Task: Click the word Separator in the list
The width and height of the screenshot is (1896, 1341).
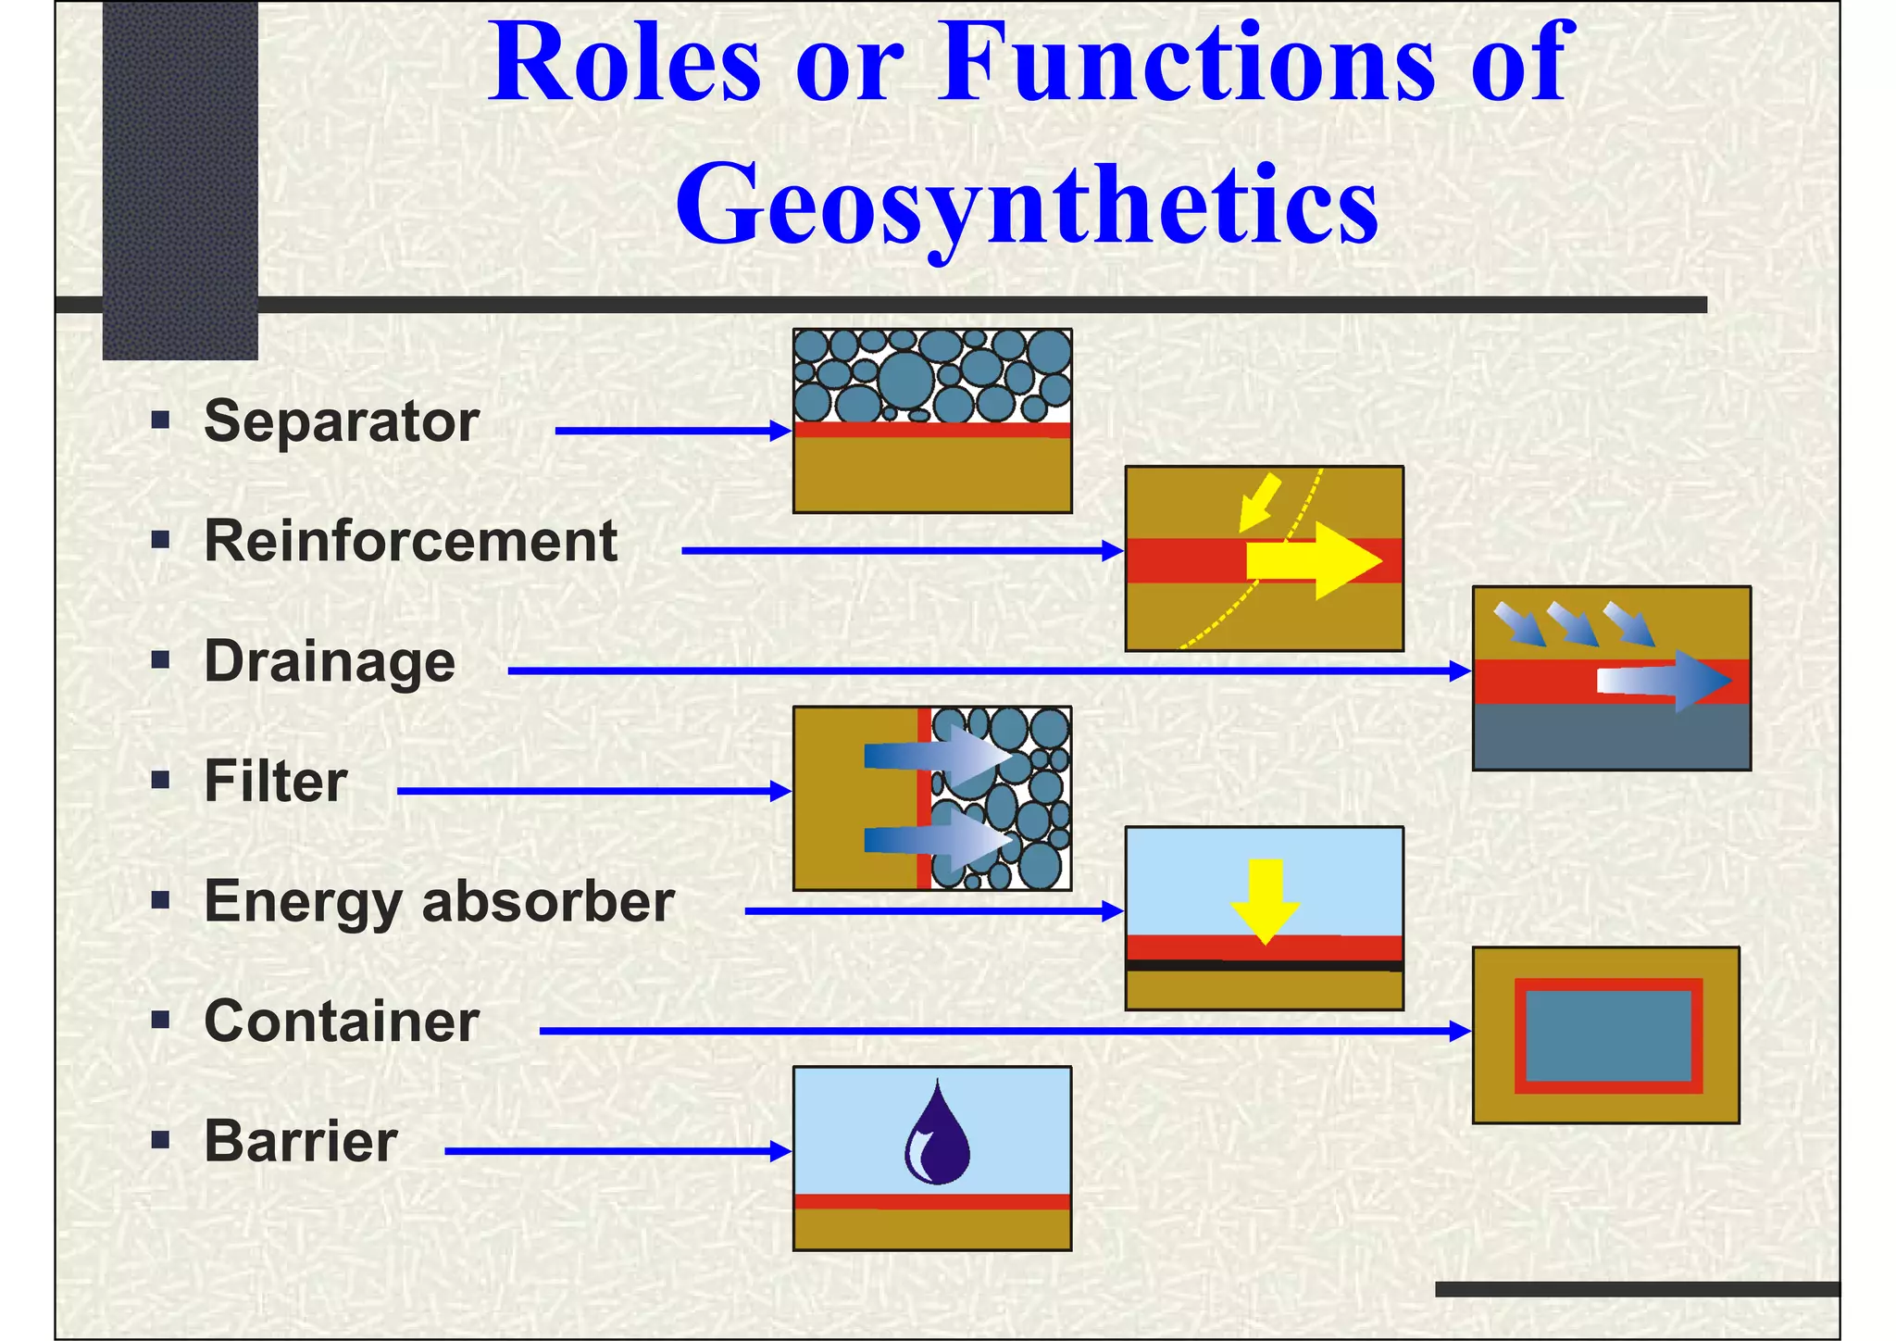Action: click(x=341, y=422)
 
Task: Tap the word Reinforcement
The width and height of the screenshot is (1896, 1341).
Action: click(x=410, y=541)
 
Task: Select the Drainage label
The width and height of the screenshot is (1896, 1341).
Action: click(x=330, y=662)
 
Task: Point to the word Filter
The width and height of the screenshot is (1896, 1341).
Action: click(x=275, y=782)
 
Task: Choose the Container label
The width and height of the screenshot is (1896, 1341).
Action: click(x=341, y=1021)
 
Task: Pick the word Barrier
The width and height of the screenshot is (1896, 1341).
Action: click(x=300, y=1141)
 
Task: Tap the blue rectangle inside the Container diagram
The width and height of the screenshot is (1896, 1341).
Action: click(x=1608, y=1035)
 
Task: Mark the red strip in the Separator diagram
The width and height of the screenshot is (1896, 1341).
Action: click(x=931, y=430)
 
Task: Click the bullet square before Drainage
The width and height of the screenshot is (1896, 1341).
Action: click(x=160, y=660)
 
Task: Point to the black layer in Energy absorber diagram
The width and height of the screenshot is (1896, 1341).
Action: click(x=1264, y=966)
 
